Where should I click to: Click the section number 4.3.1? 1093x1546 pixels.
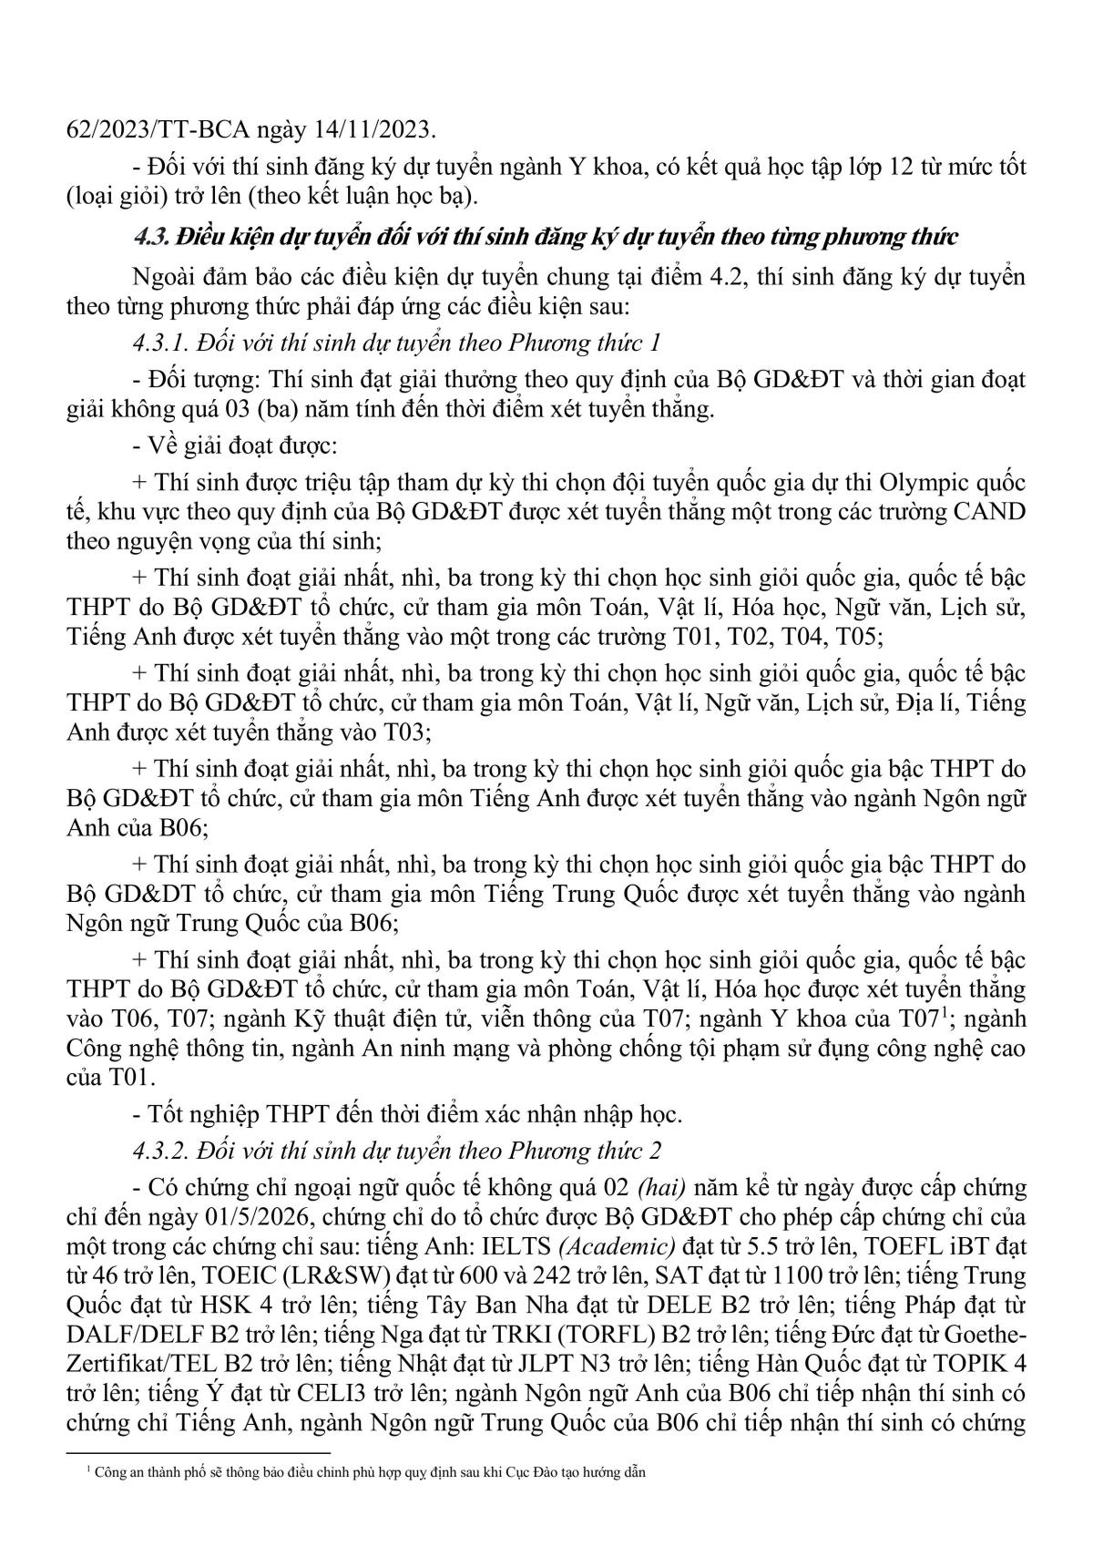tap(161, 343)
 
